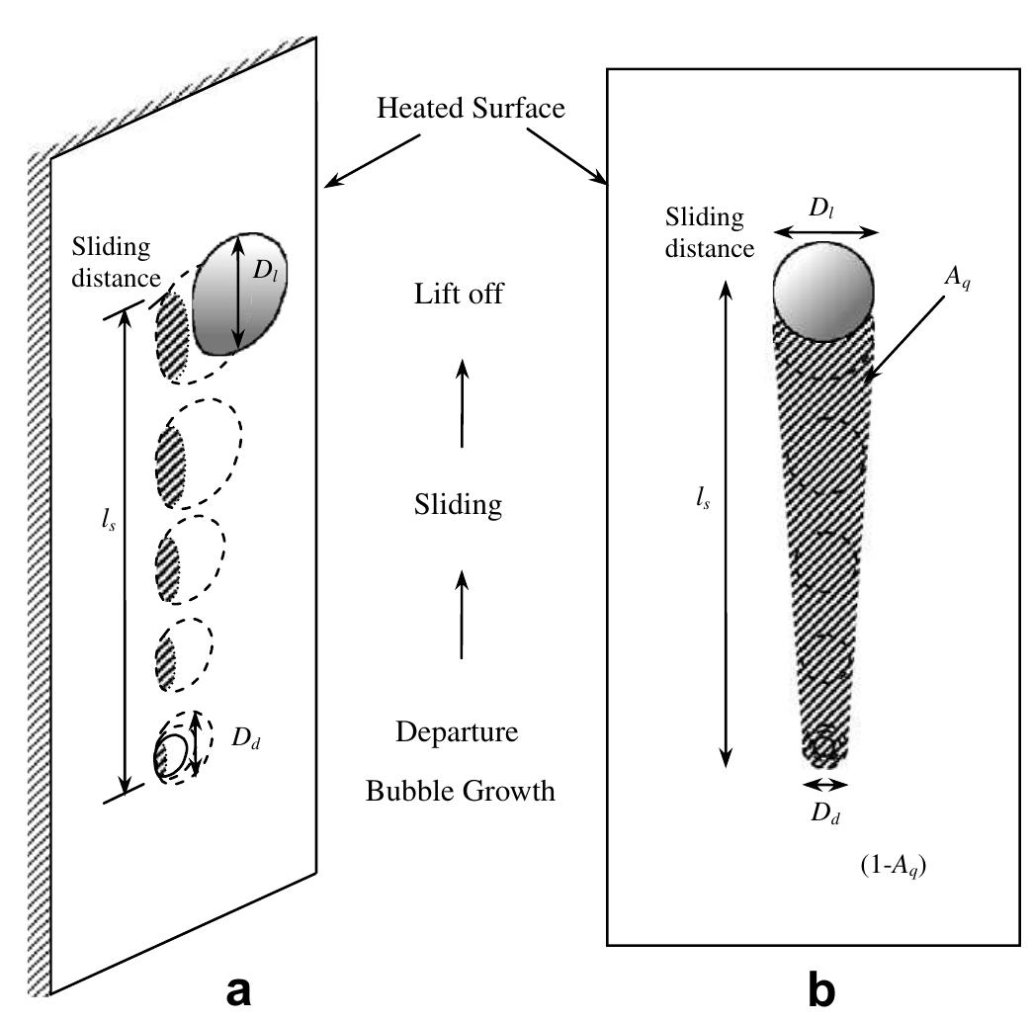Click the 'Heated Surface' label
[471, 109]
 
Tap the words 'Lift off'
[460, 294]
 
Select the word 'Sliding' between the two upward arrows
[459, 506]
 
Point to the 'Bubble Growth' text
[460, 791]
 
